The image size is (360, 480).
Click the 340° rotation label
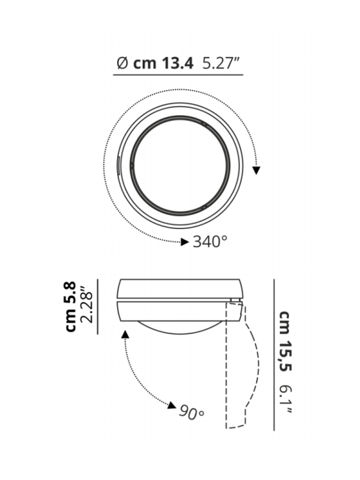tap(210, 242)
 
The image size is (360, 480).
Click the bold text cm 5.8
tap(70, 307)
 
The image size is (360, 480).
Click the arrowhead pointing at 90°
tap(172, 405)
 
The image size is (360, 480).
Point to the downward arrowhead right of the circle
tap(257, 170)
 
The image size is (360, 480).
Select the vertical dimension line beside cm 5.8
tap(97, 307)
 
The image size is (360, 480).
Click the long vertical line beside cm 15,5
tap(274, 355)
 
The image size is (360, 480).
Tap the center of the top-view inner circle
tap(179, 165)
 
